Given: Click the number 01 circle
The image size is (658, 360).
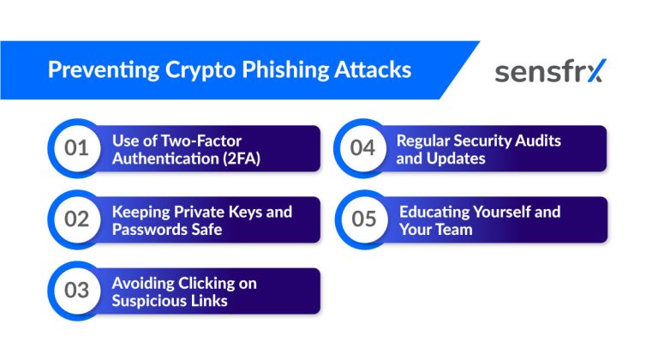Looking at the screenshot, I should point(77,148).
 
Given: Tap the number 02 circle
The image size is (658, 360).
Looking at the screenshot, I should point(77,219).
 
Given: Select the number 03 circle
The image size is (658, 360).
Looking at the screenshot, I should point(77,291).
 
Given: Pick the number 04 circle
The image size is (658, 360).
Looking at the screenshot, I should point(363,148).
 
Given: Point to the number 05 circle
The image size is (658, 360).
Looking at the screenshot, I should point(363,219).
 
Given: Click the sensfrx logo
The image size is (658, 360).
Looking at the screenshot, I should point(548,71).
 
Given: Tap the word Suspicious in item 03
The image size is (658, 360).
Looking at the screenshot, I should point(150,300).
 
